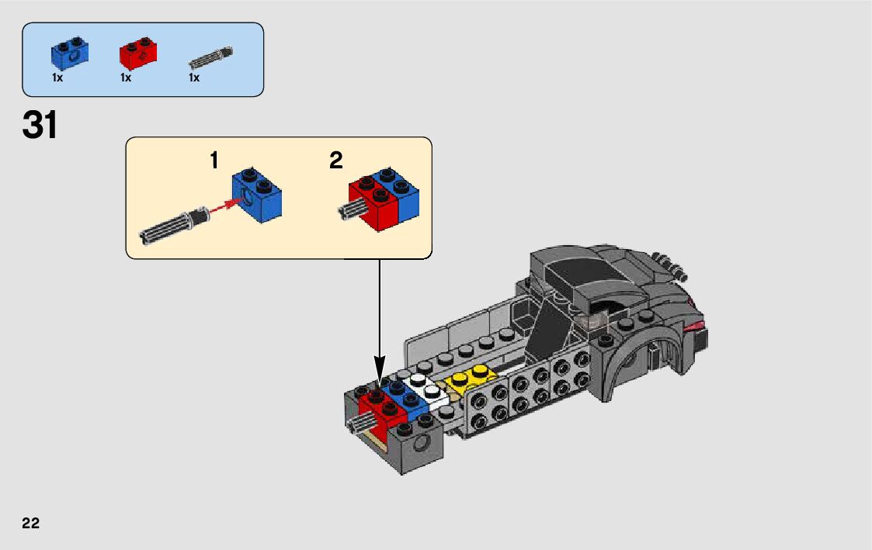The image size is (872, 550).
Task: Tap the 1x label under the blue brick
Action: (57, 78)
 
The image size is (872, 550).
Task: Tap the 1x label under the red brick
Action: (126, 78)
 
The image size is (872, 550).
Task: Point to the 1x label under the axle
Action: (194, 78)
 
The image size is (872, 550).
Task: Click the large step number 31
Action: (40, 126)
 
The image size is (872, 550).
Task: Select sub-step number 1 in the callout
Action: (214, 161)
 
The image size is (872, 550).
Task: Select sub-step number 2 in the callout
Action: (335, 161)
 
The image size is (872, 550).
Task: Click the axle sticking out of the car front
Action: (362, 422)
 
